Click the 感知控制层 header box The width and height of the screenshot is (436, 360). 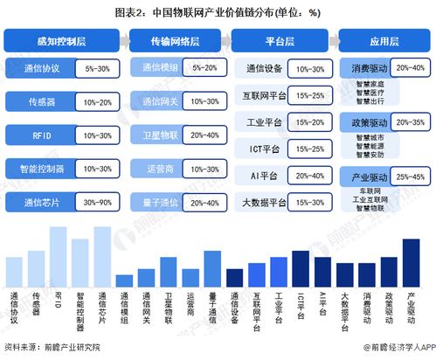pos(60,40)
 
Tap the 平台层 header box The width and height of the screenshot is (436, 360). pos(278,40)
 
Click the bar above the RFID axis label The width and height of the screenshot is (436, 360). pos(59,255)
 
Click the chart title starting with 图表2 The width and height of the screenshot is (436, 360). pos(218,12)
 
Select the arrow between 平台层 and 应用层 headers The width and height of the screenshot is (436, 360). pos(329,40)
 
